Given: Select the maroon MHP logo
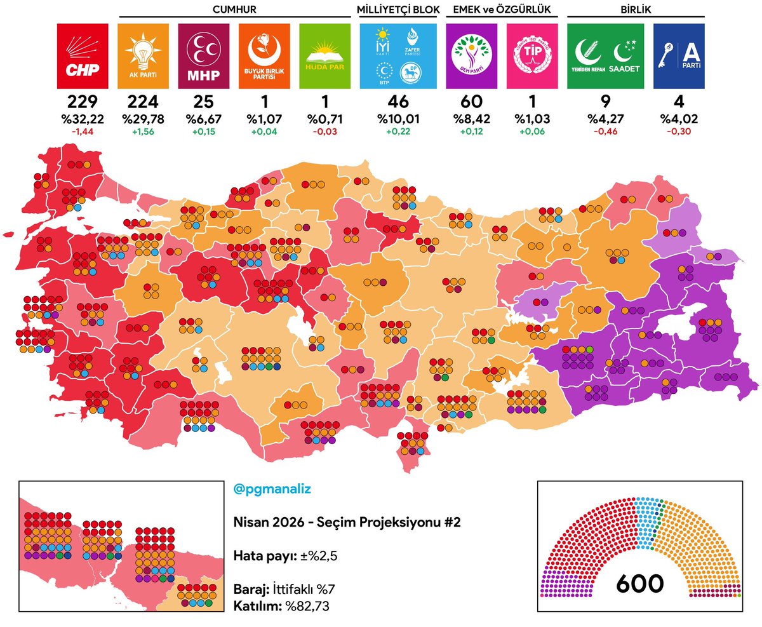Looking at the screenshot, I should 204,56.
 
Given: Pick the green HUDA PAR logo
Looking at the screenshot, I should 324,56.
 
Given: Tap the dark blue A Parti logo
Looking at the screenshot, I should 679,56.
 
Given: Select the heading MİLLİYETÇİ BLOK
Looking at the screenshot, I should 398,9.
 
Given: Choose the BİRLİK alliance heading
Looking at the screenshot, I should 636,9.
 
